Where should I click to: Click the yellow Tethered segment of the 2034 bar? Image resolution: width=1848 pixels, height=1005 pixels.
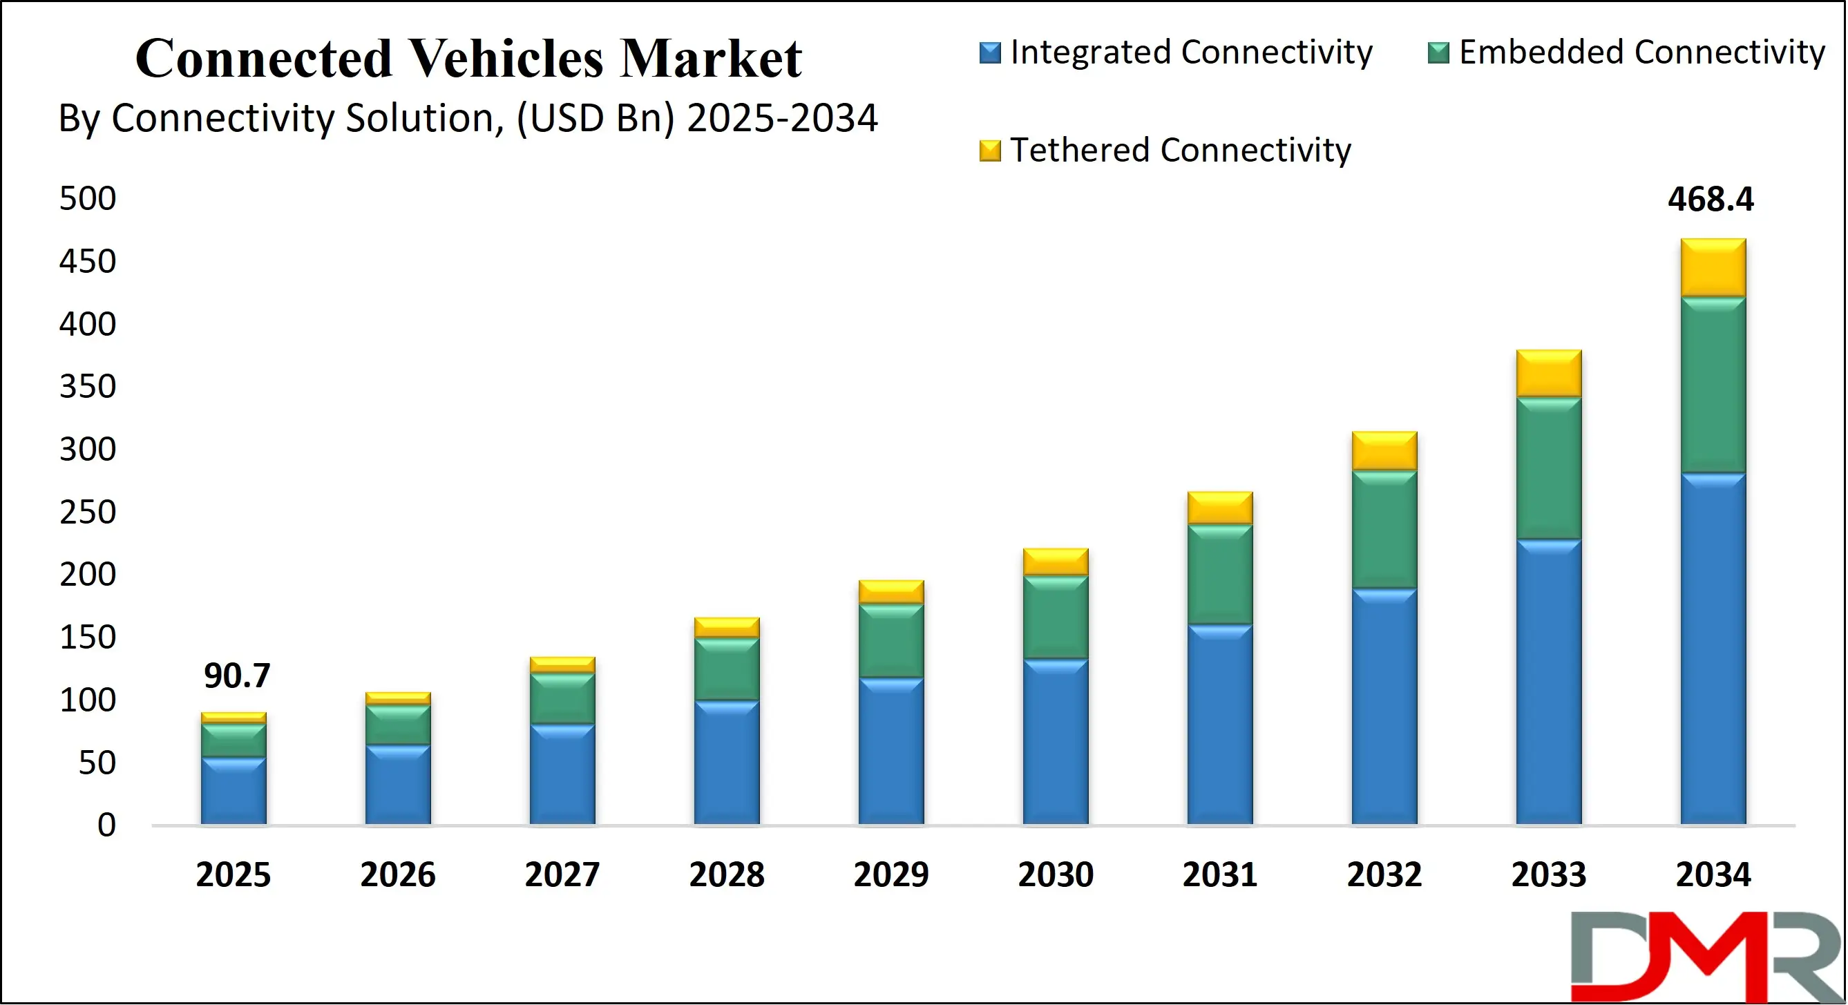coord(1713,267)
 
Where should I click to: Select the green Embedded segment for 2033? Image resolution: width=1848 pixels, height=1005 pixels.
coord(1548,468)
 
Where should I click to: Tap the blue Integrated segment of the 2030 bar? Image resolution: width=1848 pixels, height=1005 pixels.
coord(1056,742)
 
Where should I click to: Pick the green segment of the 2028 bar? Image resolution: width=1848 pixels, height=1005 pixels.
coord(727,669)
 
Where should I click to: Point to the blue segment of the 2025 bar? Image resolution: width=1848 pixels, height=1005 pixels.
coord(233,790)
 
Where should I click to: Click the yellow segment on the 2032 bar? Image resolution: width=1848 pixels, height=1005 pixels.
coord(1384,450)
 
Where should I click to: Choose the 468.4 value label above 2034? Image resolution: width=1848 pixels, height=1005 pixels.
coord(1711,200)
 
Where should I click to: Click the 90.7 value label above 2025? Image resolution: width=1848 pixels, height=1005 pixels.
coord(237,676)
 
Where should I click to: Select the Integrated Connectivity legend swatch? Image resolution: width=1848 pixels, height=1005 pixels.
coord(989,53)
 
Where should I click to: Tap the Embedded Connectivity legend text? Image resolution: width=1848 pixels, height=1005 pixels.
coord(1641,52)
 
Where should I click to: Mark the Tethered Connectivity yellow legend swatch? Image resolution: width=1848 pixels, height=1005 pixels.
coord(989,151)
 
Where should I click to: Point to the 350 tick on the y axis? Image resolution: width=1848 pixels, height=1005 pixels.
coord(88,387)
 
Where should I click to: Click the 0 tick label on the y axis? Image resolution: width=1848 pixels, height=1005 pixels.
coord(106,825)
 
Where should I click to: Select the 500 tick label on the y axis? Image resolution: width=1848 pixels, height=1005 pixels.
coord(88,199)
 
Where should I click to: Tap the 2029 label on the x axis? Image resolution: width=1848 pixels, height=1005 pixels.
coord(891,875)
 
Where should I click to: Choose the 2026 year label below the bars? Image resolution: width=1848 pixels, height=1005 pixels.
coord(397,875)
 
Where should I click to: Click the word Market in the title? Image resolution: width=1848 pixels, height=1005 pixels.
coord(710,59)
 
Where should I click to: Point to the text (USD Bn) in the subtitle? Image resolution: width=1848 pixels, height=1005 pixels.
coord(596,118)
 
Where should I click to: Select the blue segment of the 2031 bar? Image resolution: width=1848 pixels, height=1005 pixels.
coord(1219,725)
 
